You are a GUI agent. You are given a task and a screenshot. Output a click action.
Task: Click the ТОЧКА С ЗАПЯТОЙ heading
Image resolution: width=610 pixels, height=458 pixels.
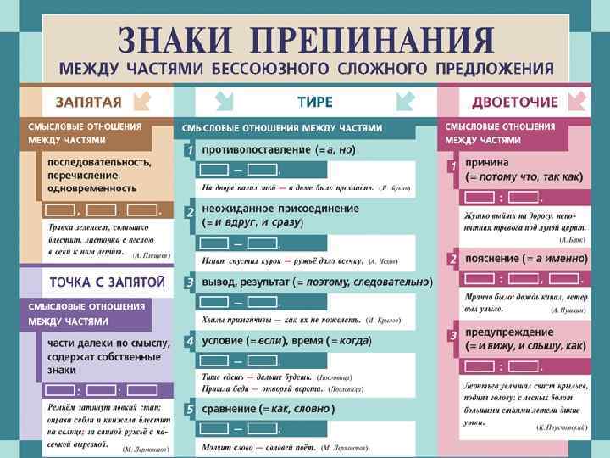[x=98, y=281]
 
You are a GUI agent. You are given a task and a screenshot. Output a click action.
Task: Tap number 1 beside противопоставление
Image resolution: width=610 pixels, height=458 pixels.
[x=191, y=150]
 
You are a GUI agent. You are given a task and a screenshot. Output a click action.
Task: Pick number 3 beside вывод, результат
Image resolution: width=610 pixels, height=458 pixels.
[x=191, y=282]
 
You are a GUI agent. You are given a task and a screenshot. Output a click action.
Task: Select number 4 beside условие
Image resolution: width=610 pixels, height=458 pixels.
[x=191, y=341]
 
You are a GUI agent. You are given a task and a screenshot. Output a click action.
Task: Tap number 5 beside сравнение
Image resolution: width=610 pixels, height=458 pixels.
[x=191, y=410]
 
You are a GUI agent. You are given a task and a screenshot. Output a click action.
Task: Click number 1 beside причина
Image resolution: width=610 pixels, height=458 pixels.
[x=454, y=164]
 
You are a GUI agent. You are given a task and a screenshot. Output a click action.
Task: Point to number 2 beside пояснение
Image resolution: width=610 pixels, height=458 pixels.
[x=454, y=258]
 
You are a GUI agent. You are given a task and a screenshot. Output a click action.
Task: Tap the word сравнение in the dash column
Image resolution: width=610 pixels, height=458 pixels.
[x=230, y=410]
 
